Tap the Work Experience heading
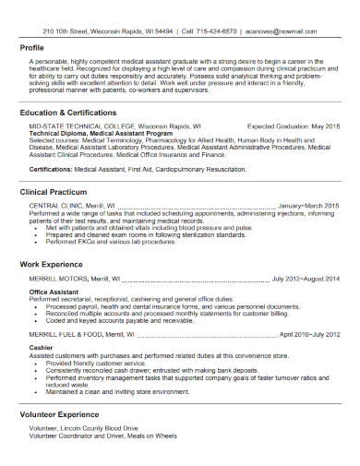click(x=54, y=264)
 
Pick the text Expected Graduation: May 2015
click(x=294, y=125)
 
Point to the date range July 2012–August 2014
click(x=306, y=278)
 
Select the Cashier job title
click(x=41, y=348)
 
